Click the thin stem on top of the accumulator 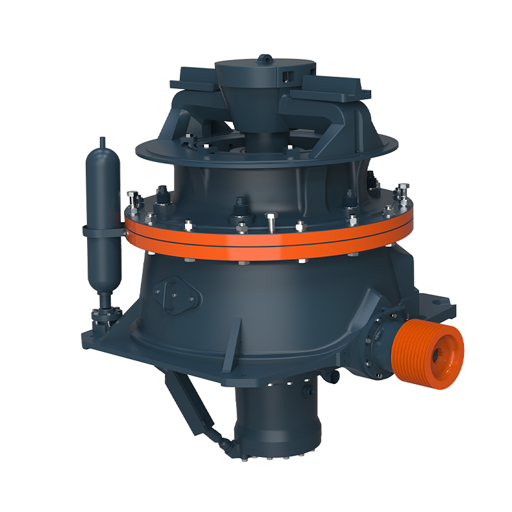pos(102,142)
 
